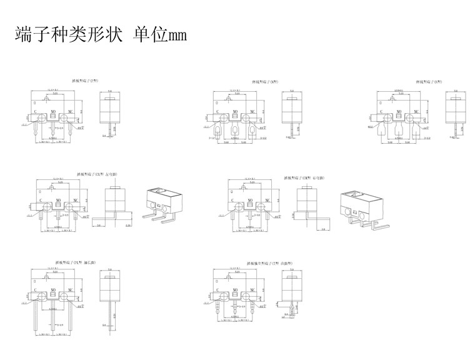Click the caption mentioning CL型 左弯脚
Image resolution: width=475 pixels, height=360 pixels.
96,175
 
